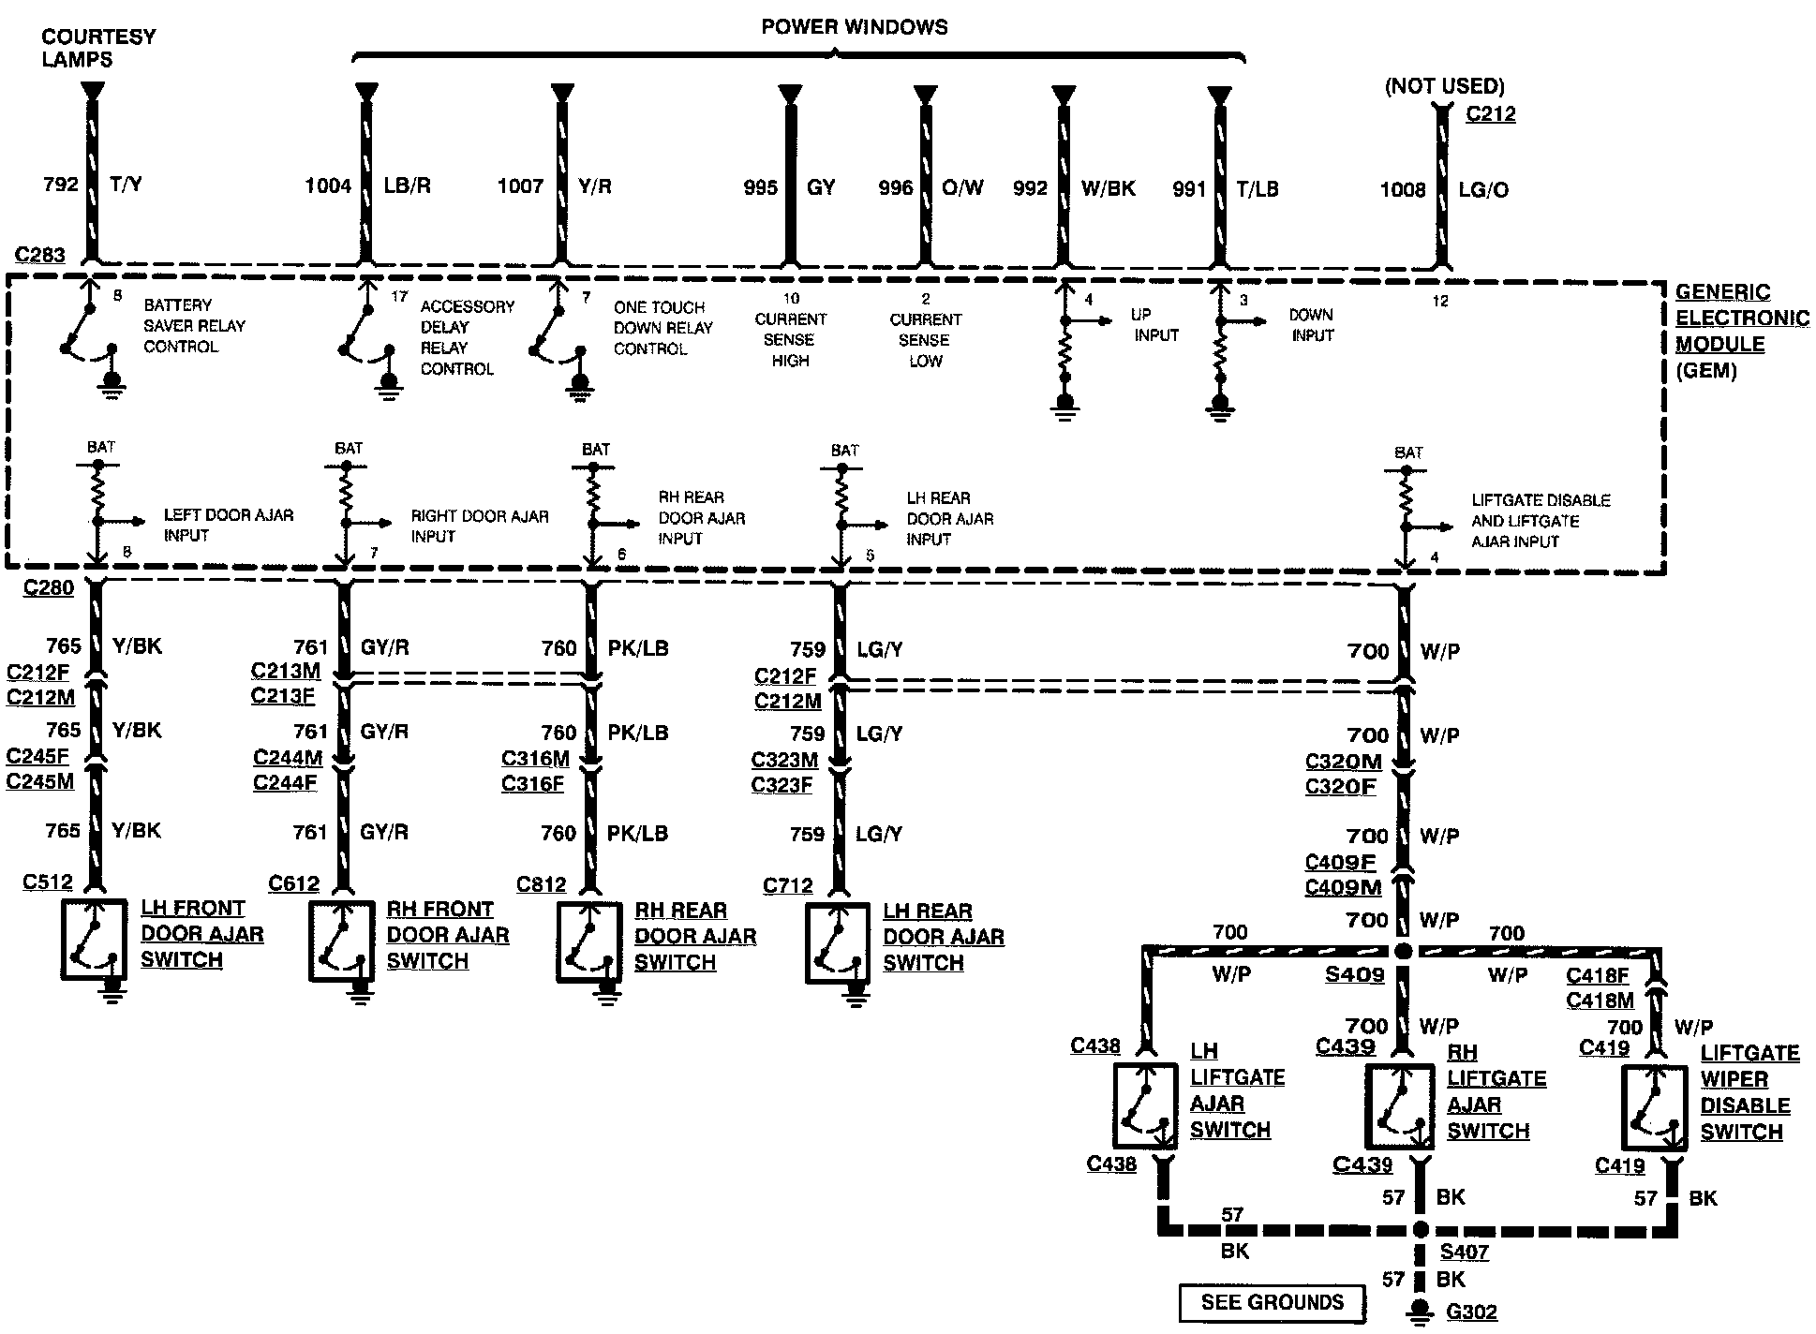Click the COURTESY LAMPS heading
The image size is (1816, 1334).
coord(98,48)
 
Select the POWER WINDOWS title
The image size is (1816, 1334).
coord(854,27)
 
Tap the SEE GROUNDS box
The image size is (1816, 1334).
coord(1272,1302)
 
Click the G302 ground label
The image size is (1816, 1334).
coord(1471,1312)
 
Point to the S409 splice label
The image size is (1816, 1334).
coord(1354,975)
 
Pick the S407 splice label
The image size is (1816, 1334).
coord(1464,1252)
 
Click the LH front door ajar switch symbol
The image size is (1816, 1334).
coord(94,941)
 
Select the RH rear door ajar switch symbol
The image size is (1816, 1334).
coord(588,942)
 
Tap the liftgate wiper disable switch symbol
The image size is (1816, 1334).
coord(1654,1106)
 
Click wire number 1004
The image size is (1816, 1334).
coord(328,185)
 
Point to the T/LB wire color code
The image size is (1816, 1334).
coord(1257,188)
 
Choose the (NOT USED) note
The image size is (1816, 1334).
coord(1444,86)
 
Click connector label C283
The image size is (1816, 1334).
coord(40,255)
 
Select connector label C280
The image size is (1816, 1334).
coord(48,588)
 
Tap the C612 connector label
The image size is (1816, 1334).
coord(293,883)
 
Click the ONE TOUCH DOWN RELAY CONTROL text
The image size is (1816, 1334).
coord(662,328)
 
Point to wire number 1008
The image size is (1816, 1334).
coord(1403,189)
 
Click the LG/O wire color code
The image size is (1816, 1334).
coord(1483,189)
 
